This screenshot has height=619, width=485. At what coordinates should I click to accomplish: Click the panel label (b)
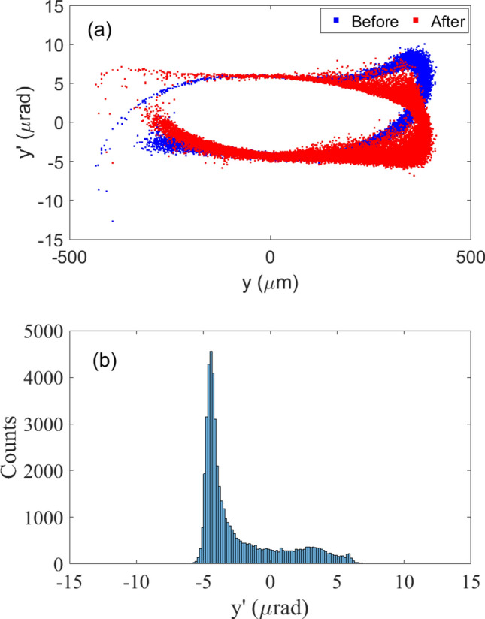tap(104, 361)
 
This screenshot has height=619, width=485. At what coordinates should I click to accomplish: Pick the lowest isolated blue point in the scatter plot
tap(113, 221)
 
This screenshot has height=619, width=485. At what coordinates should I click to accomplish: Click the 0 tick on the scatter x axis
tap(271, 256)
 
